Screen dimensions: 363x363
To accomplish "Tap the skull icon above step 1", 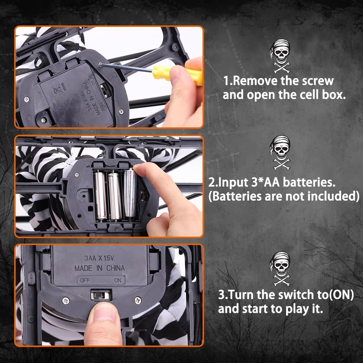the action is click(281, 56).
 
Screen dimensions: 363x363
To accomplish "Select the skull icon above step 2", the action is click(281, 152).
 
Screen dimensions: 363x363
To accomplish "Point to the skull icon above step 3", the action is click(281, 269).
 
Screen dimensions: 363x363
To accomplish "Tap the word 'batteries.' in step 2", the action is click(309, 182).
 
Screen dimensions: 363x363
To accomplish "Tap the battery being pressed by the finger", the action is click(130, 193).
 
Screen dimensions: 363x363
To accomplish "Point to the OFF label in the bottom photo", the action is click(85, 280).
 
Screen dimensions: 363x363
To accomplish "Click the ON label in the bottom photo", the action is click(118, 280).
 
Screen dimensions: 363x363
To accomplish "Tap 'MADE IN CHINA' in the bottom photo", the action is click(99, 268).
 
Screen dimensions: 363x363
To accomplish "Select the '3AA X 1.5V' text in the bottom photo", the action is click(99, 258).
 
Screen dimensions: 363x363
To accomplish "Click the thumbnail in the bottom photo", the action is click(104, 311).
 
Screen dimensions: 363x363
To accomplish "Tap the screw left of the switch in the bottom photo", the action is click(66, 301).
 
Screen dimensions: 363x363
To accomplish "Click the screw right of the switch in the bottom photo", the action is click(138, 300).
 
